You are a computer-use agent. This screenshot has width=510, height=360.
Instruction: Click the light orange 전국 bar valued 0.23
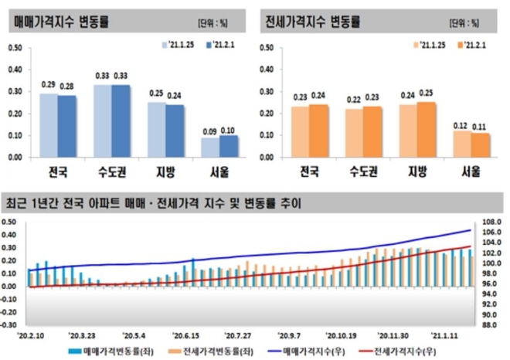click(x=301, y=131)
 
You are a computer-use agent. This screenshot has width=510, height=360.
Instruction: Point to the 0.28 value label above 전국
click(x=67, y=86)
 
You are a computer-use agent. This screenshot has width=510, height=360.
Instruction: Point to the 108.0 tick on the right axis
click(x=491, y=222)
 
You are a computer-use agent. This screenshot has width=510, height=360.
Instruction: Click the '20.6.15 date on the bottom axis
click(x=186, y=336)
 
